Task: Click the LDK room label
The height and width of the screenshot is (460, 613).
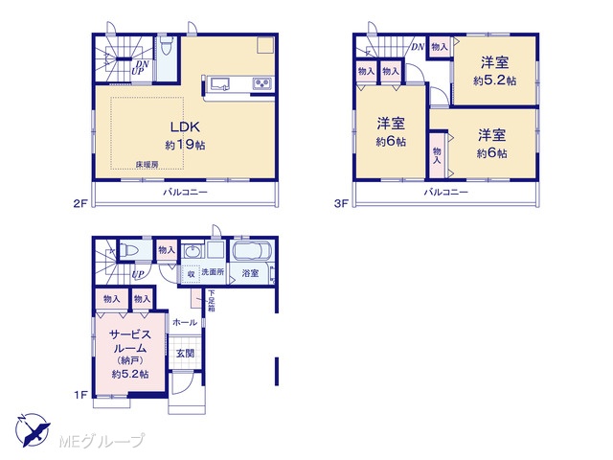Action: [x=185, y=126]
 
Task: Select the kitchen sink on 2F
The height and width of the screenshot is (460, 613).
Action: [x=220, y=83]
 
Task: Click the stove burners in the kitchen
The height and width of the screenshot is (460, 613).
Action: [x=261, y=83]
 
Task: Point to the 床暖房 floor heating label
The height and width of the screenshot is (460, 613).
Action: [x=147, y=165]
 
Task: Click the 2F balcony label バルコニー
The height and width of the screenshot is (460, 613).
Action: [x=185, y=192]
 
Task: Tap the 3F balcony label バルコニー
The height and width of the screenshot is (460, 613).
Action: [x=445, y=192]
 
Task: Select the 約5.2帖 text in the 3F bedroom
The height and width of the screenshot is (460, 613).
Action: [x=494, y=80]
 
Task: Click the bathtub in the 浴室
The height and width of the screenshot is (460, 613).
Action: [x=252, y=251]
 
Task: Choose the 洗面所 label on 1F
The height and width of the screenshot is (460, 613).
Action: [x=213, y=272]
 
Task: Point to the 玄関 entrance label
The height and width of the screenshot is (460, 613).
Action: [x=185, y=354]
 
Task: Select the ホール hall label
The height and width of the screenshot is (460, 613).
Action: [x=185, y=322]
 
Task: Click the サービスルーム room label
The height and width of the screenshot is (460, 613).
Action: [x=130, y=341]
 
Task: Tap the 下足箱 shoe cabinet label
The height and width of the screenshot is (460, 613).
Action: [x=211, y=300]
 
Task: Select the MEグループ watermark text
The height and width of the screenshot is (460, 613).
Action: [x=102, y=441]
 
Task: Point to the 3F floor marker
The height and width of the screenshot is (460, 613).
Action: [x=341, y=203]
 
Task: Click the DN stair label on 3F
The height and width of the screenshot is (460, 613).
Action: [x=418, y=47]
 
